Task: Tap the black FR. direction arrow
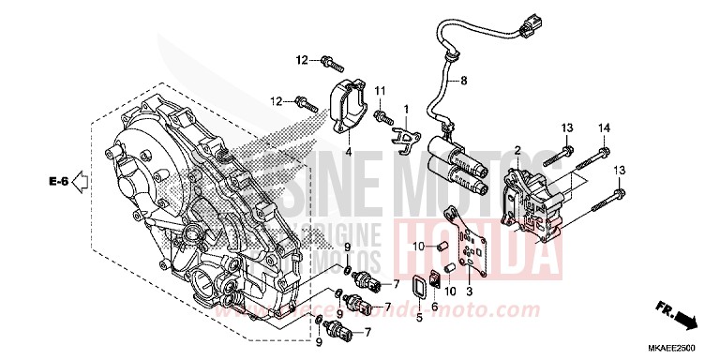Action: tap(682, 322)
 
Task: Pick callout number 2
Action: tap(517, 150)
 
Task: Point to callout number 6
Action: tap(435, 306)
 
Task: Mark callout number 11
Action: tap(382, 90)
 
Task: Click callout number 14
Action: tap(605, 127)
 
